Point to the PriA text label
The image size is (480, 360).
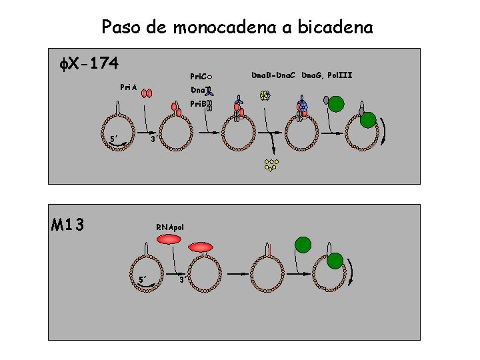tap(129, 87)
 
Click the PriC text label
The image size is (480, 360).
tap(199, 76)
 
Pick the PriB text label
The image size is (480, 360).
tap(198, 104)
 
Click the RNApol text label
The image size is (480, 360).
tap(170, 227)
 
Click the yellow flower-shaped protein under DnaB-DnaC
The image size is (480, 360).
tap(265, 95)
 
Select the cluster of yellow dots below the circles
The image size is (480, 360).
tap(271, 165)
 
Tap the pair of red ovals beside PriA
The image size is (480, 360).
tap(147, 93)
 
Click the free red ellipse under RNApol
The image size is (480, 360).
tap(171, 239)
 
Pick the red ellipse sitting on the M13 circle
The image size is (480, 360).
tap(200, 247)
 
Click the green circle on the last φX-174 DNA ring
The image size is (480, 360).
tap(368, 120)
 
